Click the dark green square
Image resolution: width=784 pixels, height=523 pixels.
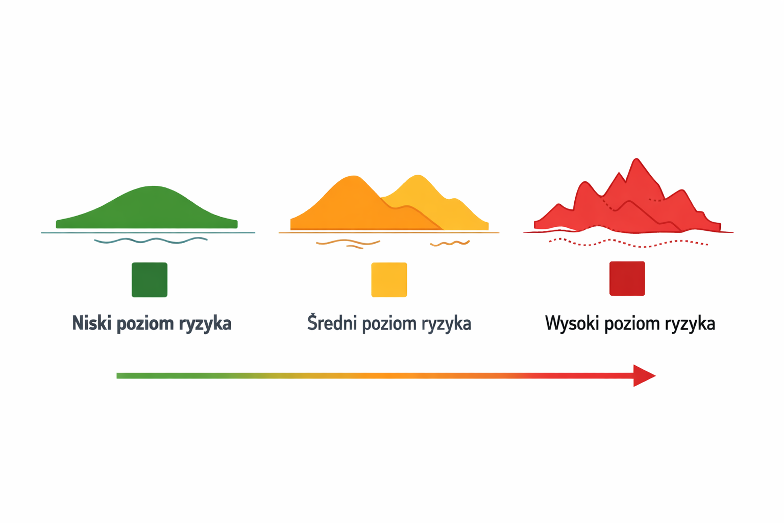[150, 279]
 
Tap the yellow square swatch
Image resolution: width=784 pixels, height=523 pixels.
[389, 279]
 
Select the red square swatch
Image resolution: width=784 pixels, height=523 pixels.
[627, 278]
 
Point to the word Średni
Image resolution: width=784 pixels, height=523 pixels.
[331, 323]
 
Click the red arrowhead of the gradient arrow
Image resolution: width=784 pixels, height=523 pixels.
[644, 375]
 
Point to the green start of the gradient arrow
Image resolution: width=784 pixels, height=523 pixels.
[122, 375]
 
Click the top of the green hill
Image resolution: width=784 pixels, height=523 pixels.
[153, 187]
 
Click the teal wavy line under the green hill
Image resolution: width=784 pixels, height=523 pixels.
[151, 240]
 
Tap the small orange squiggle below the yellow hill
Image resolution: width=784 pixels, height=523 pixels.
[449, 244]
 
